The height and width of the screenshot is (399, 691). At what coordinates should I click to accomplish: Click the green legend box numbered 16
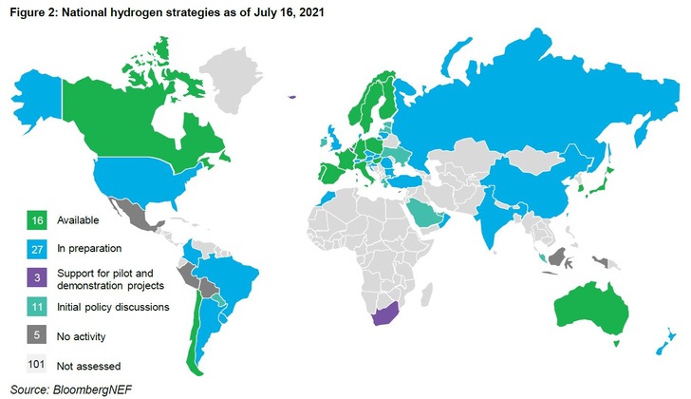point(36,219)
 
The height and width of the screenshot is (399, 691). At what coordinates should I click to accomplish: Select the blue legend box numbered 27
point(36,249)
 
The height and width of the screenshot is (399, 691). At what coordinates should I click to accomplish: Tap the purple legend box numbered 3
point(36,277)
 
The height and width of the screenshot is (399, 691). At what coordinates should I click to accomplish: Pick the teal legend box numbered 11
point(36,307)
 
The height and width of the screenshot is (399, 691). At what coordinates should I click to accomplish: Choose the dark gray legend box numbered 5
point(36,335)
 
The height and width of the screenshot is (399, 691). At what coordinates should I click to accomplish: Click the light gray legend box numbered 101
point(36,364)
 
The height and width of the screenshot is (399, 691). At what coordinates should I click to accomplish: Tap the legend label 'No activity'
point(83,335)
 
